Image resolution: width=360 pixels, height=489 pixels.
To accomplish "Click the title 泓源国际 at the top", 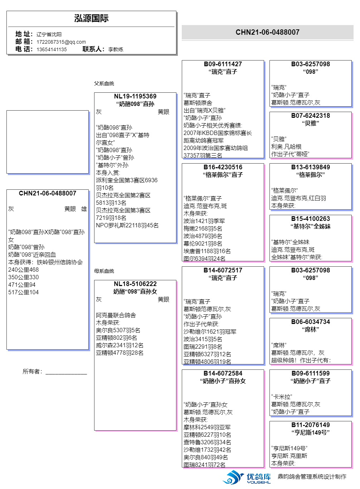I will pos(91,19).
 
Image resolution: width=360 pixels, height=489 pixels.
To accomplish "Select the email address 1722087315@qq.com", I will pos(61,42).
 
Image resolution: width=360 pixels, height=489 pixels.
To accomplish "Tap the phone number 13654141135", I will pos(52,49).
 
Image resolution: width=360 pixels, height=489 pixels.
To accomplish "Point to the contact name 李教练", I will pos(116,49).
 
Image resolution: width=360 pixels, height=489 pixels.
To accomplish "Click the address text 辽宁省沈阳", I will pos(49,34).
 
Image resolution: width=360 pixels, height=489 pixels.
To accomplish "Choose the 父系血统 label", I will pos(104,83).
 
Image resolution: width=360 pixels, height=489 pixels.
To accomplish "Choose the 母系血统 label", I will pos(104,271).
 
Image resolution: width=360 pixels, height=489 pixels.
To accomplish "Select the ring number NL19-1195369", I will pos(135,96).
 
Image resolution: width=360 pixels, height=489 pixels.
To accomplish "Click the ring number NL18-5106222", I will pos(135,284).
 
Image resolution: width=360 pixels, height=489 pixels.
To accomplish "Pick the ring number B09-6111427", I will pos(223,64).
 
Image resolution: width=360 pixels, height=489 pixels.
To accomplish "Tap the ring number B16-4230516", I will pos(223,167).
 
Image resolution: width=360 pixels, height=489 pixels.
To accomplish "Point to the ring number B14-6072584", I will pos(223,373).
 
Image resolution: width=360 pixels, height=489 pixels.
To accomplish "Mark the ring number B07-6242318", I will pos(310,116).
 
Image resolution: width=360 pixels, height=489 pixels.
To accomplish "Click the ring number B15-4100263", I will pos(310,219).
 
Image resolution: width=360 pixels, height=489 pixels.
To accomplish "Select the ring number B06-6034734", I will pos(310,322).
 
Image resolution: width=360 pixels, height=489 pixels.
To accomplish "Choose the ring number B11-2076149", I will pos(310,425).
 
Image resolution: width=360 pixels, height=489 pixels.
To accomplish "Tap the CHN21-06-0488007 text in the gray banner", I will pos(267,32).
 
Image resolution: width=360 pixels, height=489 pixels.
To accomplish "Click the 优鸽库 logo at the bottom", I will pos(247,477).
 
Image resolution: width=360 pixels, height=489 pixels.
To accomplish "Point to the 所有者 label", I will pos(32,372).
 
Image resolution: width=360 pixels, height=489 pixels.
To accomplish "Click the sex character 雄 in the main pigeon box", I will pos(84,209).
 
